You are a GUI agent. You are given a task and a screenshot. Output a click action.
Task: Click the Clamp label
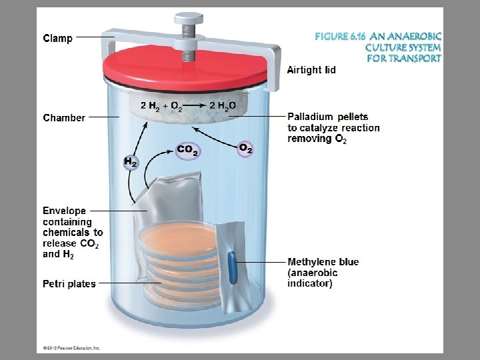click(58, 38)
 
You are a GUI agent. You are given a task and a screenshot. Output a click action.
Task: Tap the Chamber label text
click(64, 117)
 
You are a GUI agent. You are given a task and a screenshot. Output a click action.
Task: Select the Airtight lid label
click(311, 70)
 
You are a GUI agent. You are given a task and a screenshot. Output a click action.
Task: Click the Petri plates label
click(69, 284)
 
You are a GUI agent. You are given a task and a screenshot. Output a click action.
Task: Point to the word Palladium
click(310, 117)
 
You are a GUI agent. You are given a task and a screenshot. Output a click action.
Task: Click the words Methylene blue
click(323, 262)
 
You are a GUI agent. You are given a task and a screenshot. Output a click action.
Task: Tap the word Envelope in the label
click(64, 211)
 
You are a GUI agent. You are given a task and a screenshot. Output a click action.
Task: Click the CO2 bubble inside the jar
click(188, 150)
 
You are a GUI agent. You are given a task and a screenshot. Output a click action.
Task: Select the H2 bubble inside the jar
click(131, 162)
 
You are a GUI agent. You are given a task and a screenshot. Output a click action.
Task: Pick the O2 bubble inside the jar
click(245, 149)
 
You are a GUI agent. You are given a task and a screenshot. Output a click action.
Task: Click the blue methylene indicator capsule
click(233, 267)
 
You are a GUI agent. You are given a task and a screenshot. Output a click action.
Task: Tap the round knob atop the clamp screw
click(189, 19)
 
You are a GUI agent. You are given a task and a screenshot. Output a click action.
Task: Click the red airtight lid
click(185, 68)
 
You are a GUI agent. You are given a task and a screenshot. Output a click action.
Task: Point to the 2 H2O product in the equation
click(223, 106)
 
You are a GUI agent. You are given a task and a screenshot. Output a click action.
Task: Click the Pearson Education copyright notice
click(71, 348)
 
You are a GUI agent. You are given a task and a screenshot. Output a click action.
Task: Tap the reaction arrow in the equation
click(195, 105)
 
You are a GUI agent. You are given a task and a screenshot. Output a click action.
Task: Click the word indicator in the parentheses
click(310, 283)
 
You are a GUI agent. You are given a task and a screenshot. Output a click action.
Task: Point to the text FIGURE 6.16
click(341, 37)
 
